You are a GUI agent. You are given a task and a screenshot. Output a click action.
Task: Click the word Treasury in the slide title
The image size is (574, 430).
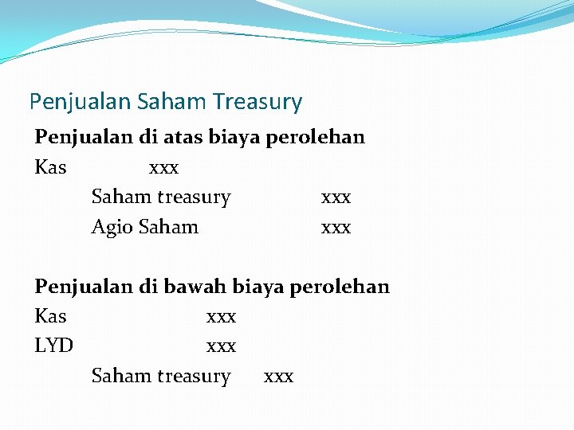[x=258, y=103]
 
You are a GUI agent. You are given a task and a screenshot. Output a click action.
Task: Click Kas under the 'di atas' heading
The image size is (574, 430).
[x=50, y=168]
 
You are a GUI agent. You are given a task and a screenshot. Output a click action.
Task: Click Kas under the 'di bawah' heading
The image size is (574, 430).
[x=50, y=317]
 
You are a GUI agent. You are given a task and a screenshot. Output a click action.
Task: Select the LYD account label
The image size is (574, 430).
[x=54, y=346]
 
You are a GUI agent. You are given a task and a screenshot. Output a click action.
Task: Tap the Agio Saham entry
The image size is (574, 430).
[x=144, y=228]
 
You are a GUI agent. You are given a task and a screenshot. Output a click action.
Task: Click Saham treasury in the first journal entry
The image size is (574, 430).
[x=160, y=197]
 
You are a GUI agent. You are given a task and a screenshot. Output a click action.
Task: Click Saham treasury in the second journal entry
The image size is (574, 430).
[x=160, y=377]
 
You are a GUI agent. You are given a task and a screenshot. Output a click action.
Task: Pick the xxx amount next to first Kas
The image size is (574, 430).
[x=163, y=168]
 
